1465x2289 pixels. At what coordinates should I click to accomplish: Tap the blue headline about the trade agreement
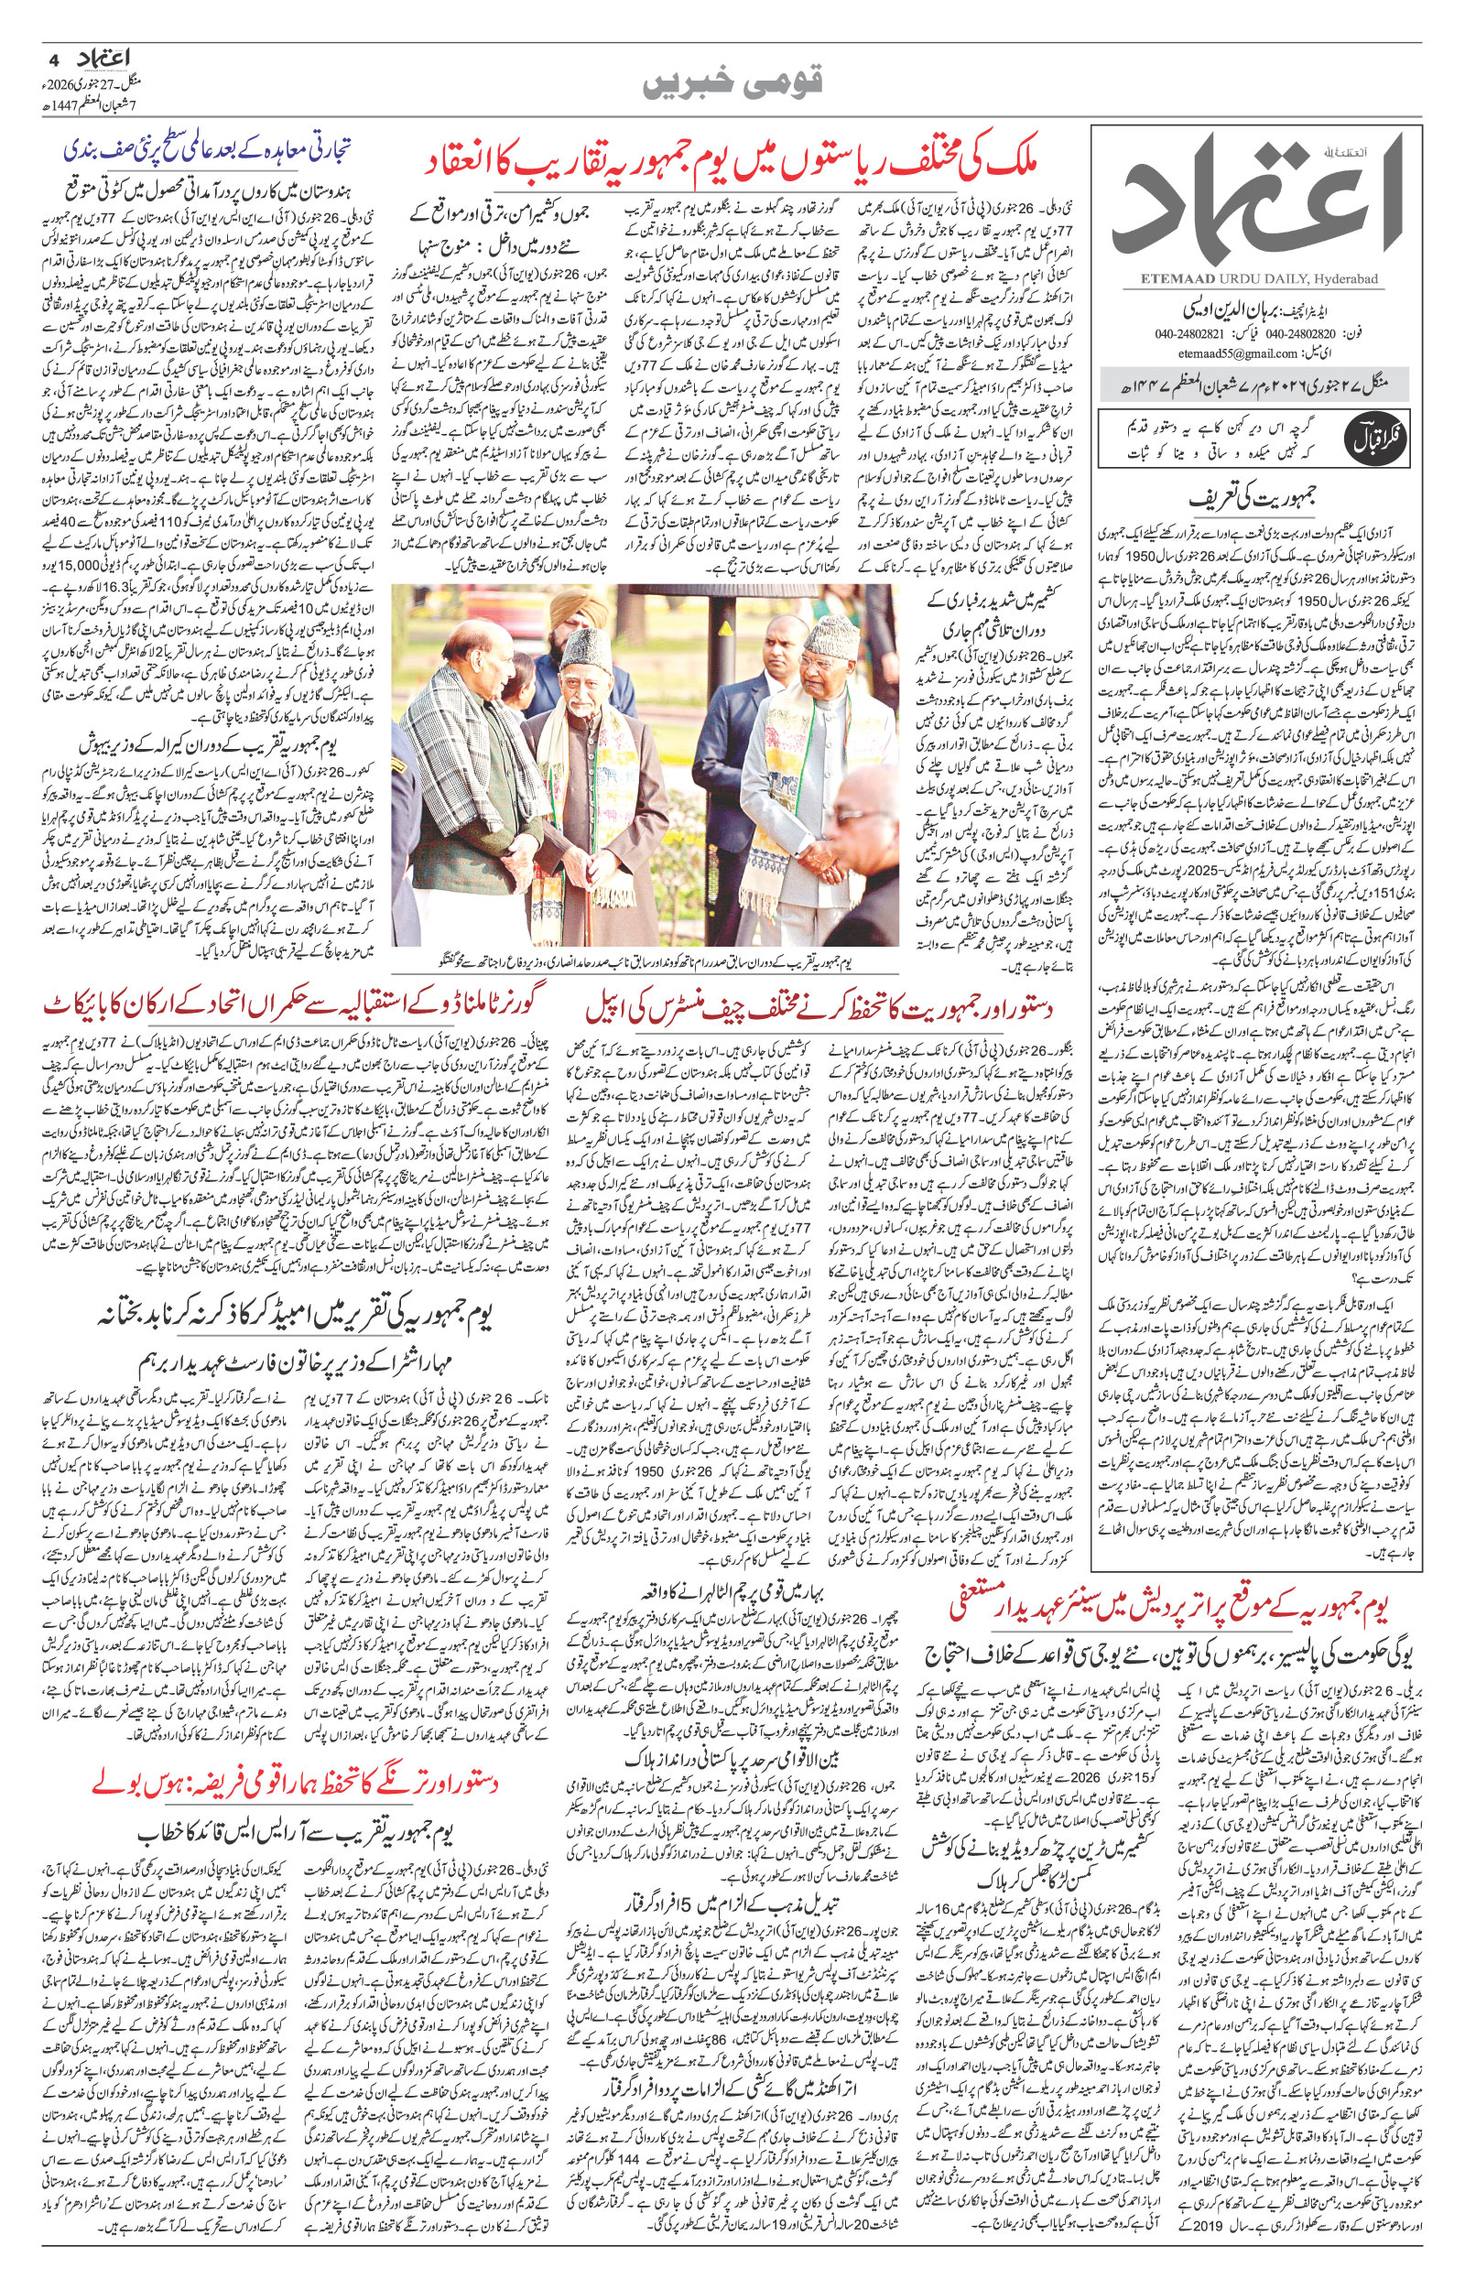(x=210, y=150)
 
